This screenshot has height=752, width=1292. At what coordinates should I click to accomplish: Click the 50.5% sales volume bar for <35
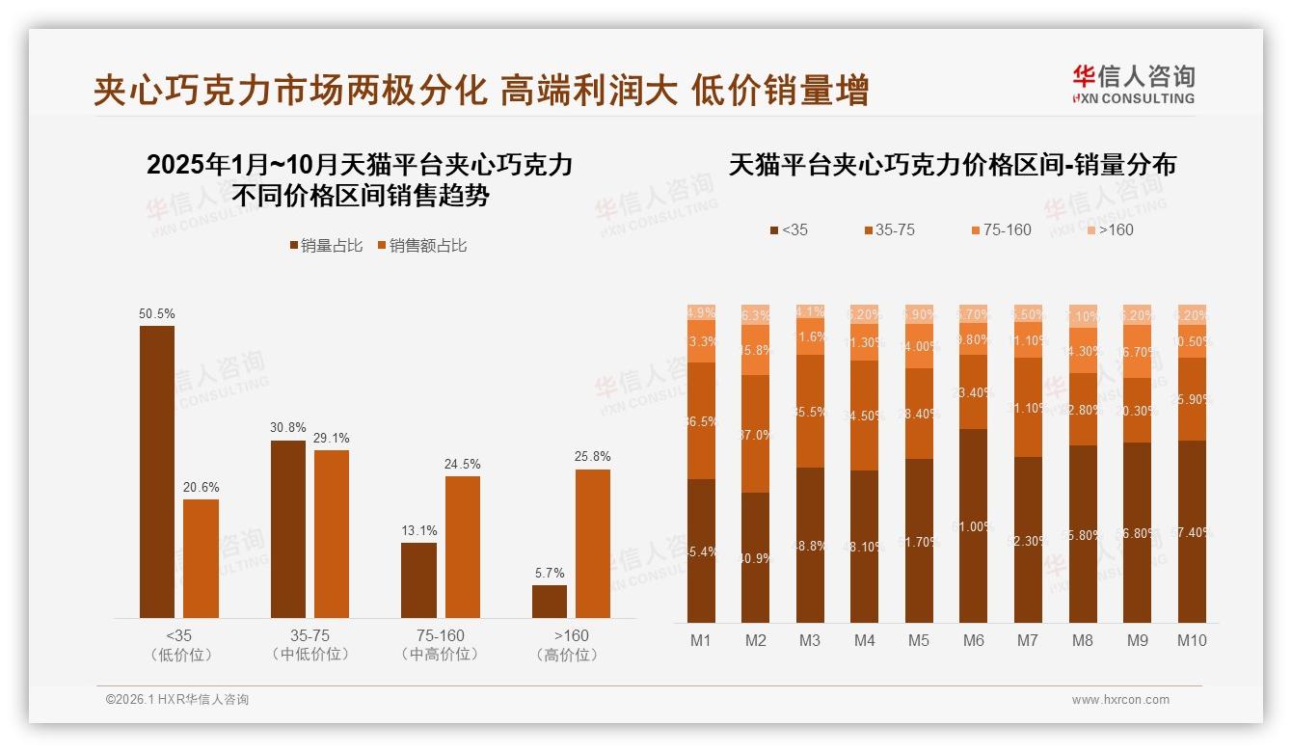pyautogui.click(x=157, y=471)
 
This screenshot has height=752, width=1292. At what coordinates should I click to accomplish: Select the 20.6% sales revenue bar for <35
pyautogui.click(x=201, y=558)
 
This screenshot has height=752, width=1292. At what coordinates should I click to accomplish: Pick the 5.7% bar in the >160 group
pyautogui.click(x=550, y=602)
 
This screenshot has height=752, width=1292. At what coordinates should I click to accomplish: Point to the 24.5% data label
pyautogui.click(x=463, y=464)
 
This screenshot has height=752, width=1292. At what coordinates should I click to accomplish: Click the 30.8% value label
pyautogui.click(x=287, y=428)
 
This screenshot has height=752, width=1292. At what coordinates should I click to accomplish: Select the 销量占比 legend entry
pyautogui.click(x=326, y=246)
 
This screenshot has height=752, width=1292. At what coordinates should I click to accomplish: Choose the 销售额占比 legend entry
pyautogui.click(x=421, y=246)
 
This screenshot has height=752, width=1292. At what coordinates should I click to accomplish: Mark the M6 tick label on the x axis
pyautogui.click(x=973, y=640)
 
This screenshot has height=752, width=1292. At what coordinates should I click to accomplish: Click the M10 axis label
pyautogui.click(x=1192, y=640)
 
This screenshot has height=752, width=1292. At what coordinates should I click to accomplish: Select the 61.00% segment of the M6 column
pyautogui.click(x=974, y=525)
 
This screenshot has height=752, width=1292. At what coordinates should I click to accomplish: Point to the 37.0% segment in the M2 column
pyautogui.click(x=756, y=434)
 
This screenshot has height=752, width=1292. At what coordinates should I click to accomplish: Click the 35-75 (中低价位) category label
pyautogui.click(x=310, y=645)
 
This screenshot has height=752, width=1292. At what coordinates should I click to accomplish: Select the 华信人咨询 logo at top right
pyautogui.click(x=1133, y=84)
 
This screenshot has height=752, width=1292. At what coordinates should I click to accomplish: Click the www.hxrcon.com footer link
pyautogui.click(x=1120, y=700)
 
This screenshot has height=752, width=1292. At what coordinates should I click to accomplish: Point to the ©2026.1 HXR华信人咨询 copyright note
pyautogui.click(x=177, y=700)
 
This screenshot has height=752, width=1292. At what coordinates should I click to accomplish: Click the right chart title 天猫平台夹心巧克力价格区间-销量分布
pyautogui.click(x=952, y=165)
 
